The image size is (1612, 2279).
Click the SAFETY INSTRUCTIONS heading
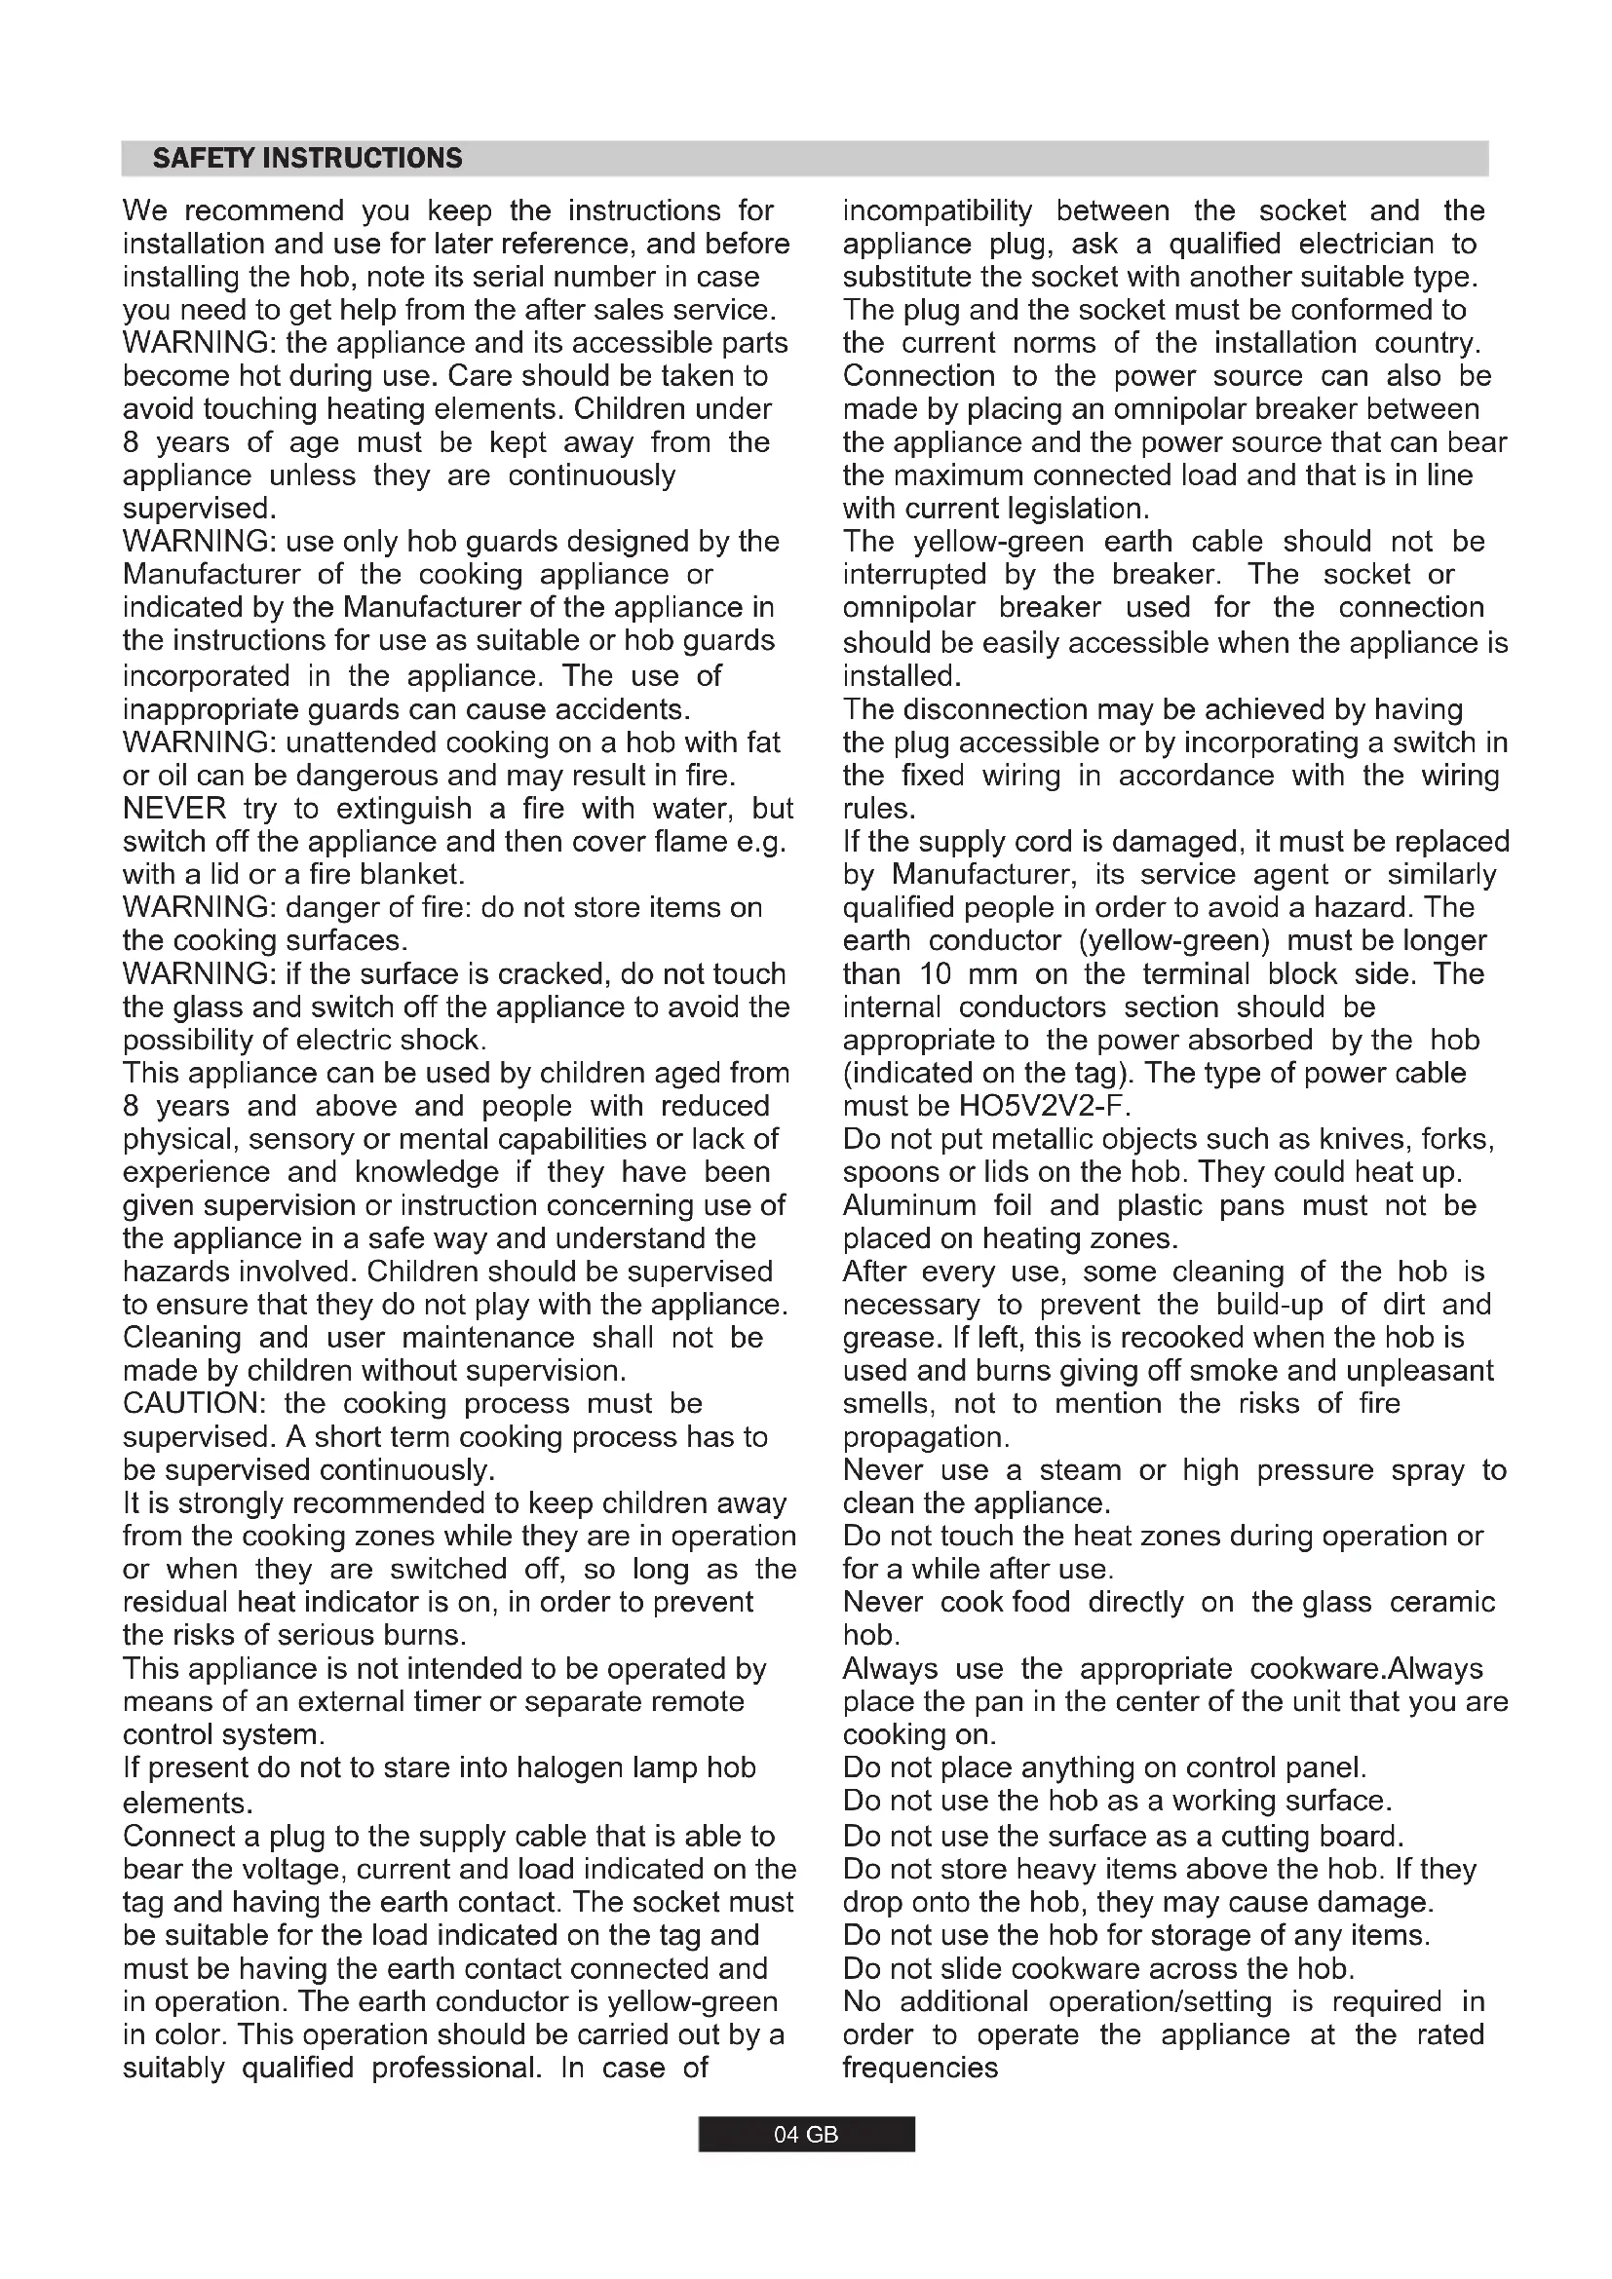308,159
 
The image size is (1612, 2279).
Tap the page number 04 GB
806,2134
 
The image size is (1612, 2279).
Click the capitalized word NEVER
173,809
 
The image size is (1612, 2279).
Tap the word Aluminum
909,1206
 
